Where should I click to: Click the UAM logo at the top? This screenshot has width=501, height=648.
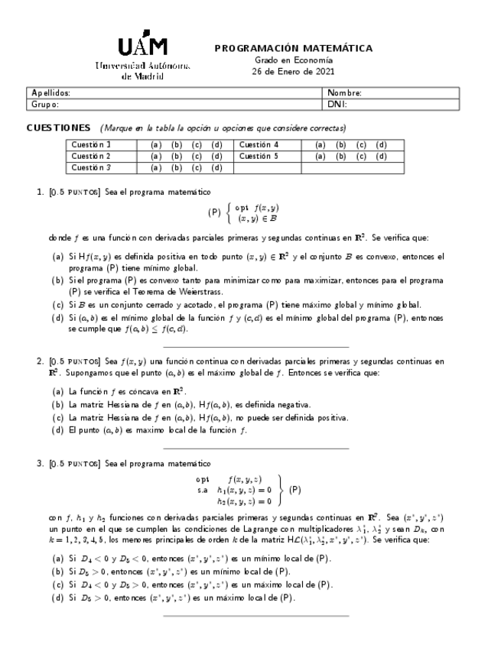[x=143, y=47]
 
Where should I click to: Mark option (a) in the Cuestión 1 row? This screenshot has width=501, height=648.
[x=156, y=144]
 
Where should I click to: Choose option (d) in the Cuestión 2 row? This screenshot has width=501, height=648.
[x=216, y=156]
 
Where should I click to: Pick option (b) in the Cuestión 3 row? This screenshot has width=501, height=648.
[x=176, y=167]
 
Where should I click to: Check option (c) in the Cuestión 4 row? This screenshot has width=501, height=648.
[x=361, y=144]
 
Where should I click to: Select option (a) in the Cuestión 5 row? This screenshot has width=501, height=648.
[x=320, y=156]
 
